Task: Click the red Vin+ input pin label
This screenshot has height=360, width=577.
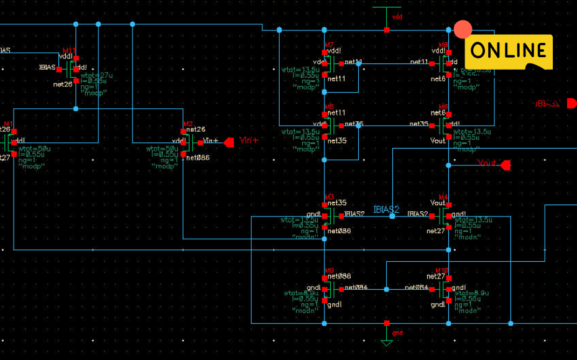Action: (249, 141)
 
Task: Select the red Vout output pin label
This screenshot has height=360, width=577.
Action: (487, 163)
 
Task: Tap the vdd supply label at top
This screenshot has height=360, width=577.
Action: (399, 17)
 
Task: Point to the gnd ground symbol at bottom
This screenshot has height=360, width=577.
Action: (387, 341)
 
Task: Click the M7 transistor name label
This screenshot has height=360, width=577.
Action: (329, 45)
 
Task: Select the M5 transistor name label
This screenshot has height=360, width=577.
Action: (329, 106)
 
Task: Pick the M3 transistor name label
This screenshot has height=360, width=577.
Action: (329, 196)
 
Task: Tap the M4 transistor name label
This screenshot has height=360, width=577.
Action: (443, 196)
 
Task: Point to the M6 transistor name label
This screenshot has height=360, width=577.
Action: (443, 106)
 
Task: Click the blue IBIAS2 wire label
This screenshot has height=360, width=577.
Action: (386, 209)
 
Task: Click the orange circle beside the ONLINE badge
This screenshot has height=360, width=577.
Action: (463, 29)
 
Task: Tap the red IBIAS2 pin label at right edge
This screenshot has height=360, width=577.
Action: (548, 103)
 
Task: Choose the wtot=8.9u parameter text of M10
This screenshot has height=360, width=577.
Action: (471, 293)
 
